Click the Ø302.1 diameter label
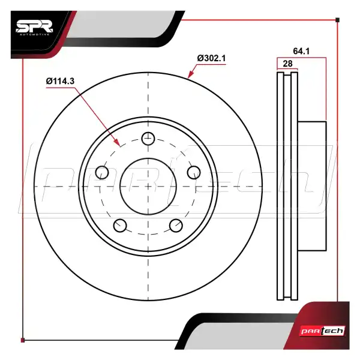(x=211, y=58)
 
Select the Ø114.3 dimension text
(x=60, y=81)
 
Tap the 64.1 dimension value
(x=301, y=51)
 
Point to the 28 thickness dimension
(x=287, y=64)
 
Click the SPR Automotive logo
(x=34, y=28)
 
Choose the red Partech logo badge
(x=323, y=331)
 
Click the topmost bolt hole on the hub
(x=148, y=139)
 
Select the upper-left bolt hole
(x=102, y=172)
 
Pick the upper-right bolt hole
(x=194, y=172)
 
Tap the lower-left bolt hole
(x=120, y=226)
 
